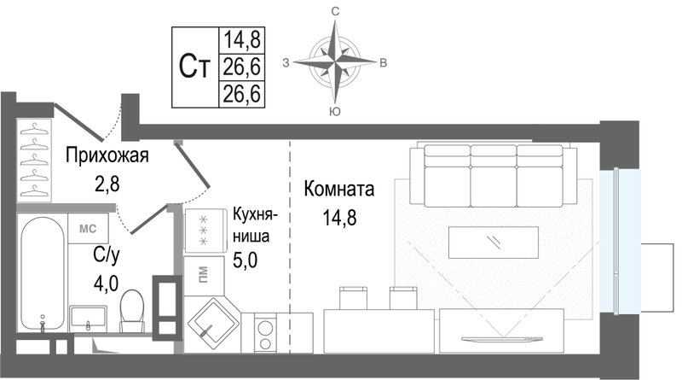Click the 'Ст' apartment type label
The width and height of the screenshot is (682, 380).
click(x=195, y=67)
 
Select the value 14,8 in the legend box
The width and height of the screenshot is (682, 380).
click(x=242, y=38)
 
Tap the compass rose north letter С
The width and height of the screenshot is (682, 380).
click(x=336, y=11)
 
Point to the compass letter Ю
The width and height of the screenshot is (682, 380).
click(x=336, y=111)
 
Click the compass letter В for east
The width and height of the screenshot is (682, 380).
click(x=384, y=61)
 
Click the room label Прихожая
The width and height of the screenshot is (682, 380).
click(x=107, y=155)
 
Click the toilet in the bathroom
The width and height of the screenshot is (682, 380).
click(x=132, y=311)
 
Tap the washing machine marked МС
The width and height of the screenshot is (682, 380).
click(x=88, y=229)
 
